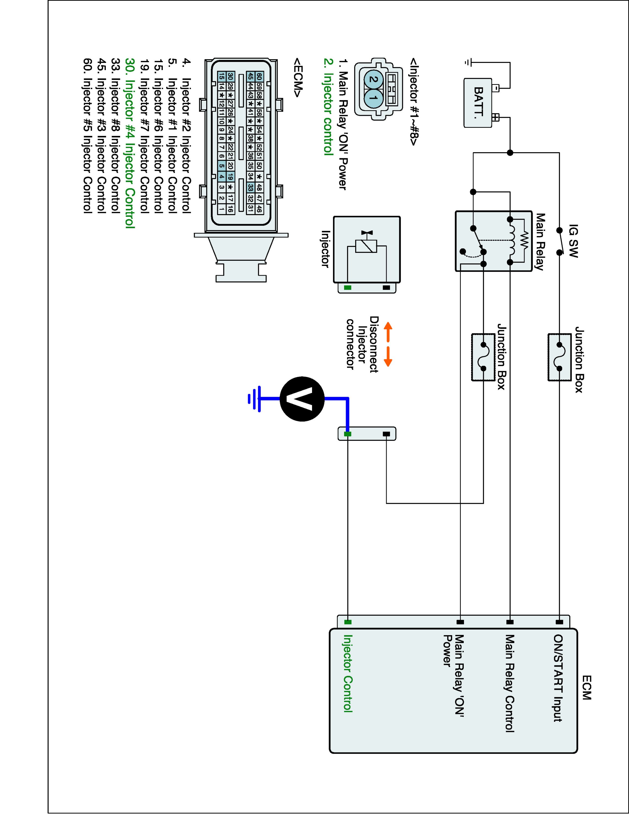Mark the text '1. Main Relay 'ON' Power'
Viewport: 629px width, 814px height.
tap(343, 125)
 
